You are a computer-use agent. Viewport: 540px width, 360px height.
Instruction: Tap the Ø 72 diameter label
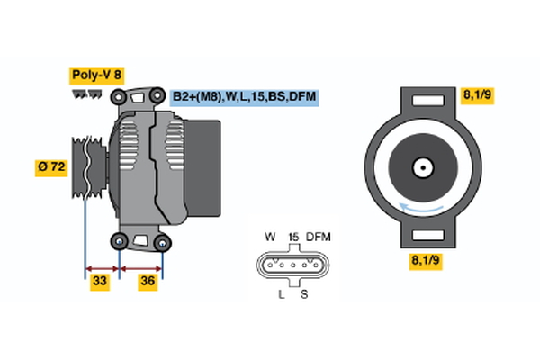52,166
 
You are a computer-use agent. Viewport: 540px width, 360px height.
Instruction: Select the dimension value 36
147,282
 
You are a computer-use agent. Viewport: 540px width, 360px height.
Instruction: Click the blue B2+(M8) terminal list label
245,96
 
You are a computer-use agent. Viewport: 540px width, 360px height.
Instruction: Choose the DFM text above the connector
319,238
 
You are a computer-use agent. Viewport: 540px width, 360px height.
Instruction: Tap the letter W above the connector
269,238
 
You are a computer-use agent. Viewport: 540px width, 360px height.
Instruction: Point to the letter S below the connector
303,295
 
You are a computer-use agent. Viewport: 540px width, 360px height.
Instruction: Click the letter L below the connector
281,295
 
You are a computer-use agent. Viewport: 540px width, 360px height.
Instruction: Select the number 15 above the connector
292,238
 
